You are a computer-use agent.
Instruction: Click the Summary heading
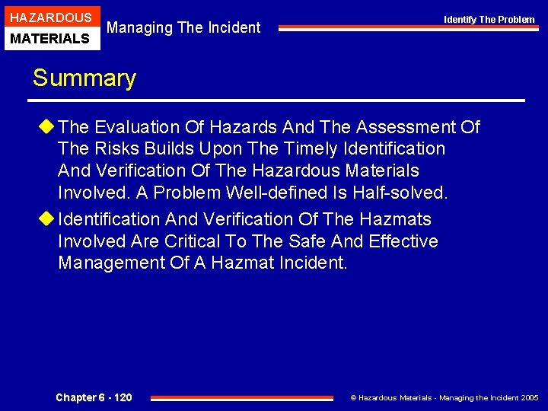[84, 78]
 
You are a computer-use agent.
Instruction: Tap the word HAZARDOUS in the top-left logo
[50, 17]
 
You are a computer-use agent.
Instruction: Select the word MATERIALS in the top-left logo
[50, 38]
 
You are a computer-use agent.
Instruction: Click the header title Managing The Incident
[183, 28]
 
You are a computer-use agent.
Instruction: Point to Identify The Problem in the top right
[489, 20]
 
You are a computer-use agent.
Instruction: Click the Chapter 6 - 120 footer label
[94, 397]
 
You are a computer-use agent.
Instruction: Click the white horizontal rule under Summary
[277, 100]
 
